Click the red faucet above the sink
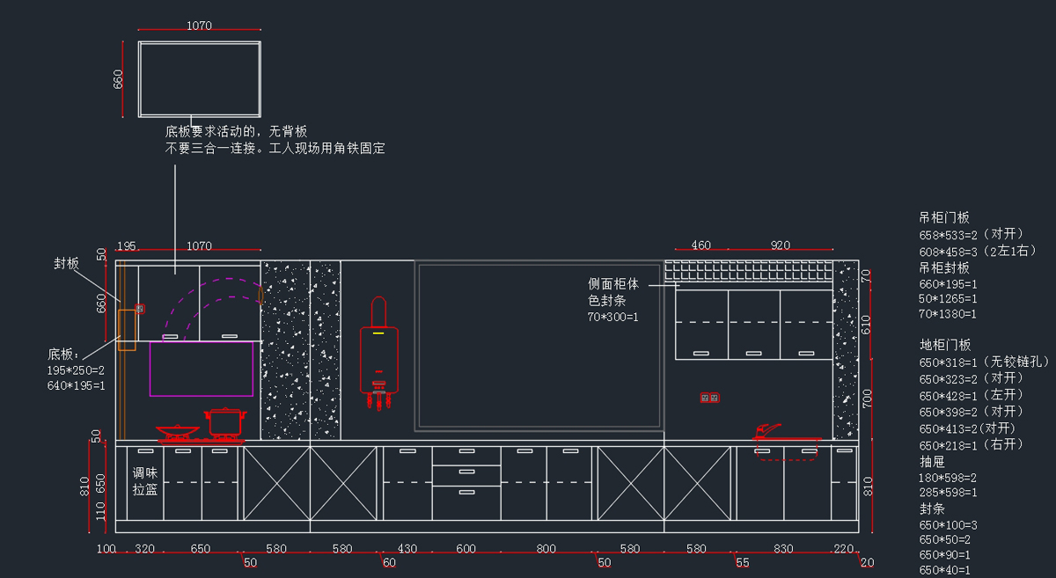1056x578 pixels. pyautogui.click(x=767, y=430)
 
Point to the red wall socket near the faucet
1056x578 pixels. pyautogui.click(x=709, y=398)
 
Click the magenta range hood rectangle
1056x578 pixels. pyautogui.click(x=202, y=369)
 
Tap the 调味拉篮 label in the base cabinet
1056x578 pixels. pyautogui.click(x=145, y=481)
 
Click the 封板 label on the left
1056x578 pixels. pyautogui.click(x=67, y=263)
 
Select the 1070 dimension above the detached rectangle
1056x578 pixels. pyautogui.click(x=199, y=26)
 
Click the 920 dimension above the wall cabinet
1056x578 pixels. pyautogui.click(x=780, y=245)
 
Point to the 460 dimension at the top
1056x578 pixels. pyautogui.click(x=700, y=245)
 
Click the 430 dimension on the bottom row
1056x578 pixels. pyautogui.click(x=407, y=549)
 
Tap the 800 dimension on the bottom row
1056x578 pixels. pyautogui.click(x=546, y=549)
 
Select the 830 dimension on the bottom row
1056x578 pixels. pyautogui.click(x=782, y=549)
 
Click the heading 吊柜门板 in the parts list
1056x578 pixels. pyautogui.click(x=944, y=217)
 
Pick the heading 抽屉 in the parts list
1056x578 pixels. pyautogui.click(x=932, y=461)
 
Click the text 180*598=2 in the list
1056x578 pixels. pyautogui.click(x=948, y=477)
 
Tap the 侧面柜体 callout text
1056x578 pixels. pyautogui.click(x=613, y=284)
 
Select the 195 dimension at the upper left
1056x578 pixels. pyautogui.click(x=127, y=245)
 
